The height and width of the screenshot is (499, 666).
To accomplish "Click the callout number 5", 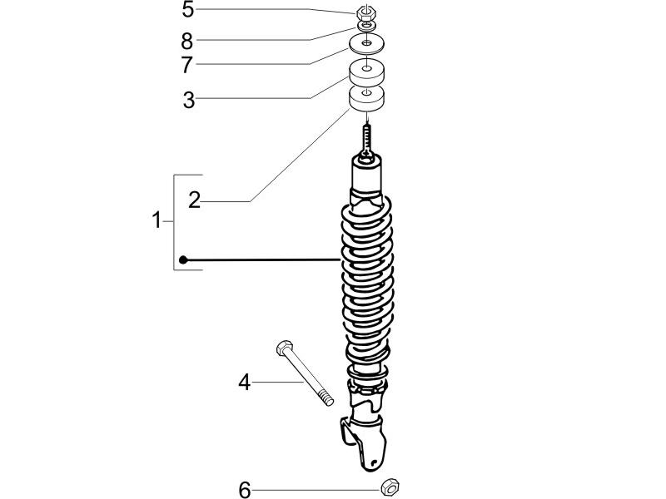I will (188, 11).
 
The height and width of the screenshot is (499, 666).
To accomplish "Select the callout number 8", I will (188, 40).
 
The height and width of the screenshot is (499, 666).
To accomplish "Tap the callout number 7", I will (188, 64).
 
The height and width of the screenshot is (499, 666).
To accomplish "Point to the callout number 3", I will (188, 100).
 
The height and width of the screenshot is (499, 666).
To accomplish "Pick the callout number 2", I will (194, 200).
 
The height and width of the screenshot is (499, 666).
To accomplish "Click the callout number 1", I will (156, 221).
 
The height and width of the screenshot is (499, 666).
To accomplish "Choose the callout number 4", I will (244, 383).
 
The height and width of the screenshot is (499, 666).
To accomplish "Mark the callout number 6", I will (244, 491).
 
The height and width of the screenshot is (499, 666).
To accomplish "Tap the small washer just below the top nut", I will (366, 27).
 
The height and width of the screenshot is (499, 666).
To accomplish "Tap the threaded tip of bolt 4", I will (327, 400).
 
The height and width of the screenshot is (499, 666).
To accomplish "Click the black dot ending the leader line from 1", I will (183, 260).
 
